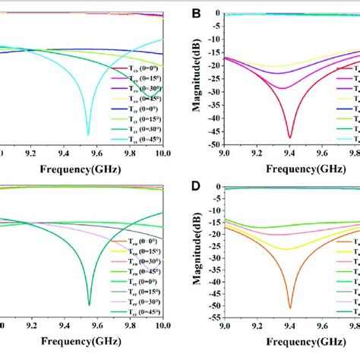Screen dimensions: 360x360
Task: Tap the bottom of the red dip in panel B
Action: point(290,137)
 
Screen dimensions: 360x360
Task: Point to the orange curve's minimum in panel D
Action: point(290,307)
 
